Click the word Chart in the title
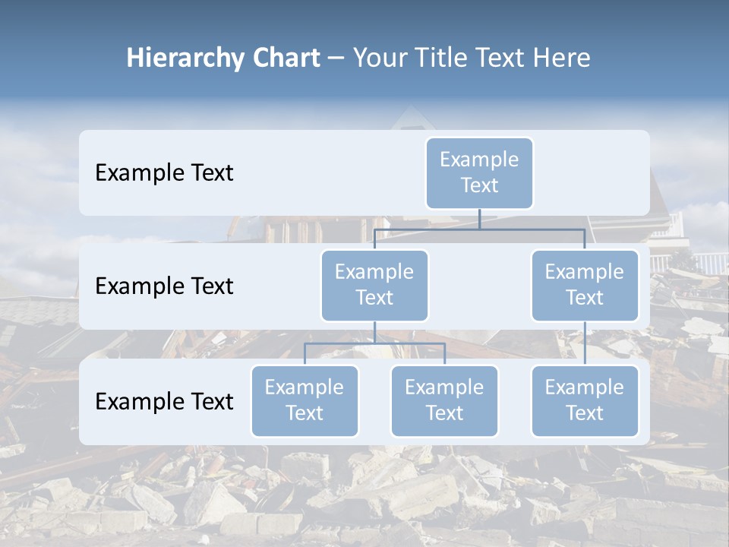286,58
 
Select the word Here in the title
560,58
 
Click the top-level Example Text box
479,173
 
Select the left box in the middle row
374,286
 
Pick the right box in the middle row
585,286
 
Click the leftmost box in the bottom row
305,401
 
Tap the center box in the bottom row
444,401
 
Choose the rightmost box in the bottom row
585,401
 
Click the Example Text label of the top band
164,173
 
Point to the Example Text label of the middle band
164,286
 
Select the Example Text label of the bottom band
164,401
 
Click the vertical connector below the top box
479,219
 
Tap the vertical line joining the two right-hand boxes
585,343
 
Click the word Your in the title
377,58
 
